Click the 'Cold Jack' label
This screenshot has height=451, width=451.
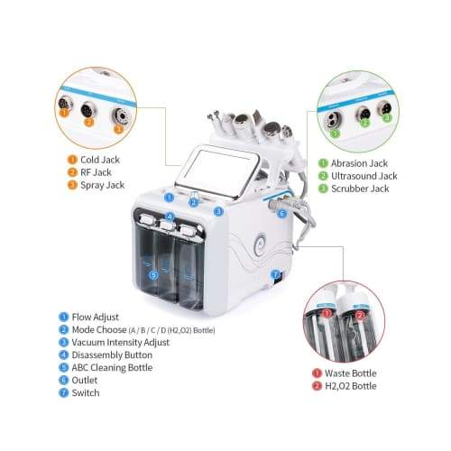coord(100,160)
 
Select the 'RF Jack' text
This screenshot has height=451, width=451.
coord(96,172)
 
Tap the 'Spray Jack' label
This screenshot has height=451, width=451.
coord(102,185)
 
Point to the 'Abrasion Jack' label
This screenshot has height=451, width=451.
coord(359,163)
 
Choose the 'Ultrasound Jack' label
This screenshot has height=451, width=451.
coord(364,176)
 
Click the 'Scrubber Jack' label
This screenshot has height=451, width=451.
coord(360,189)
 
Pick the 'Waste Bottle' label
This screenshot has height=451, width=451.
coord(351,373)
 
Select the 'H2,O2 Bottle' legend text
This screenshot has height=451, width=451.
coord(351,386)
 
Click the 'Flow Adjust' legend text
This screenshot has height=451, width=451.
coord(95,317)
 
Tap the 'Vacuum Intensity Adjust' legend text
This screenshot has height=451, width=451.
coord(120,342)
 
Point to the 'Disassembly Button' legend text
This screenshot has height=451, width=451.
coord(112,354)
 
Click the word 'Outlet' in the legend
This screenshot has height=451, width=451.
coord(85,380)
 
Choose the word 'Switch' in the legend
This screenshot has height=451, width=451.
coord(86,392)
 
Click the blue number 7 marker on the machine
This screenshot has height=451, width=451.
coord(275,274)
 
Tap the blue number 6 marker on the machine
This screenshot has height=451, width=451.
coord(282,214)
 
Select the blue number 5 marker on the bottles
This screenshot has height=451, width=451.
coord(153,275)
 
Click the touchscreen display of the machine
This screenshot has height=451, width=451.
coord(219,170)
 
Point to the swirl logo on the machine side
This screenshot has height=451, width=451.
coord(261,244)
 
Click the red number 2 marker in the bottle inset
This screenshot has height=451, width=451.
coord(360,316)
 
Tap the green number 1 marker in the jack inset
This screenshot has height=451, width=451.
coord(336,133)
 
